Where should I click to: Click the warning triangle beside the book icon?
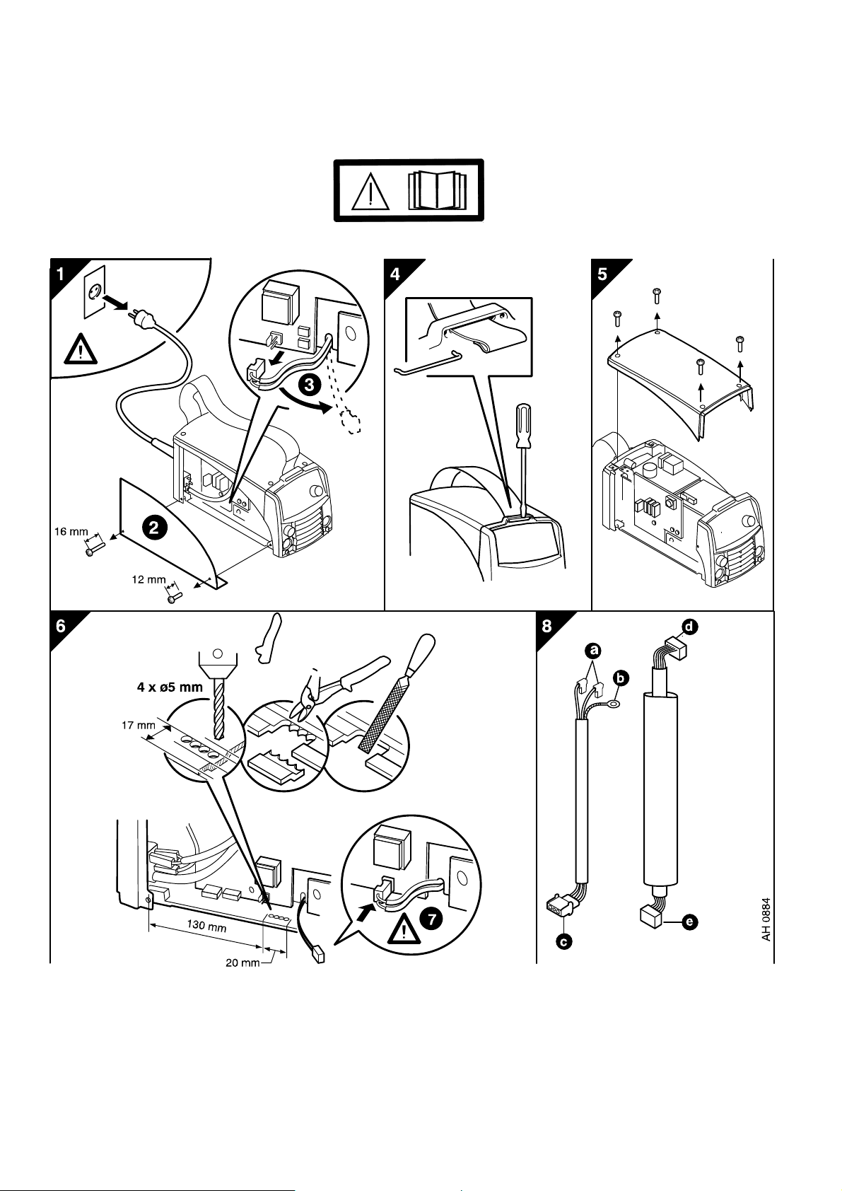(x=370, y=190)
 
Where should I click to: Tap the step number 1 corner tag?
(x=61, y=274)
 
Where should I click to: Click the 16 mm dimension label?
(x=71, y=530)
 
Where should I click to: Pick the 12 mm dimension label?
(x=148, y=580)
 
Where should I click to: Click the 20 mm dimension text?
(x=240, y=963)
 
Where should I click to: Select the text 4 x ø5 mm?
(x=170, y=687)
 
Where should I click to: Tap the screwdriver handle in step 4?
(x=524, y=426)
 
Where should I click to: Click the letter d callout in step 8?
(x=689, y=626)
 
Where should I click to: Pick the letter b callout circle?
(x=620, y=678)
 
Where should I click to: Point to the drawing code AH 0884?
(x=765, y=919)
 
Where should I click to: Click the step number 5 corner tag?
(x=602, y=274)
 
